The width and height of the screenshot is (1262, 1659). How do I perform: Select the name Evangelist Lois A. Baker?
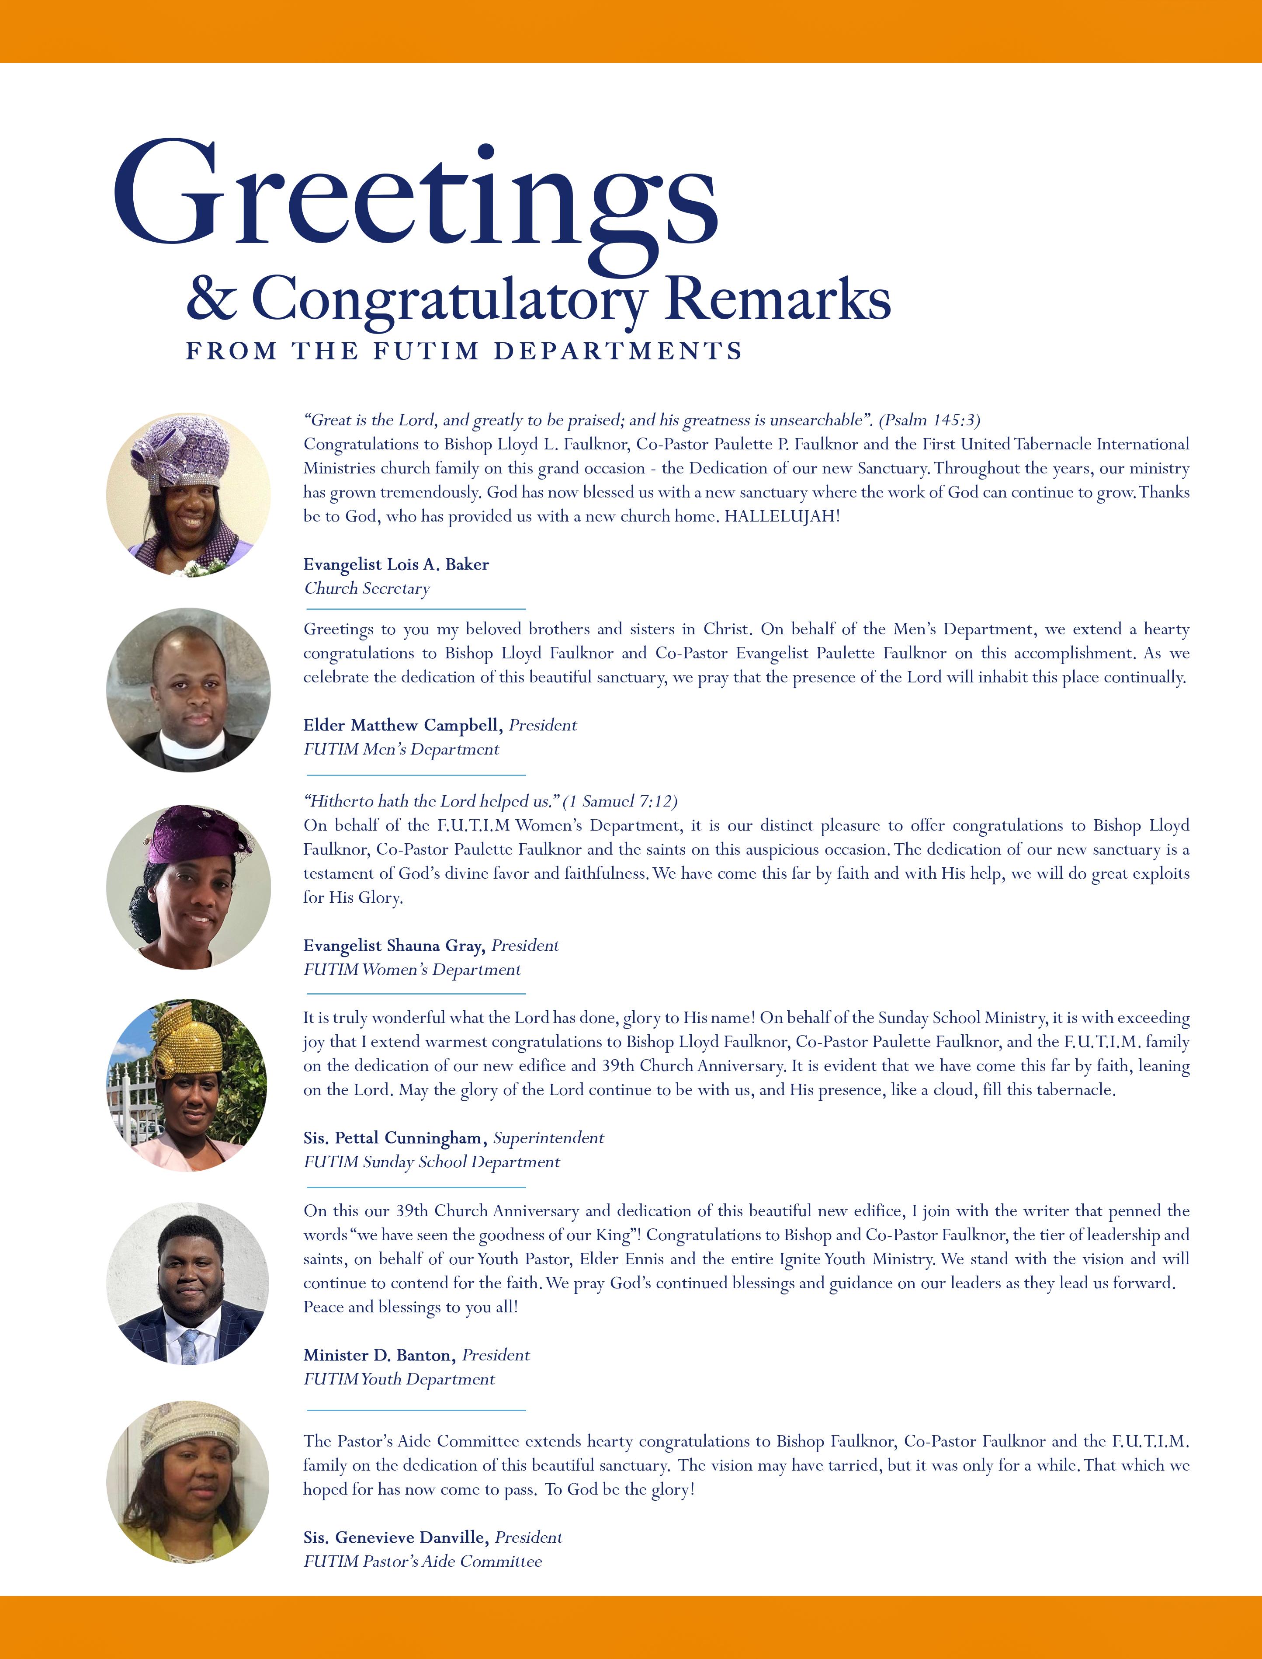coord(396,564)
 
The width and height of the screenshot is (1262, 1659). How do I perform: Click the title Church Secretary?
coord(367,588)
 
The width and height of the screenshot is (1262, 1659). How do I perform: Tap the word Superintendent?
coord(548,1137)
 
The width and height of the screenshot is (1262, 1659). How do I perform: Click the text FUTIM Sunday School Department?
coord(431,1162)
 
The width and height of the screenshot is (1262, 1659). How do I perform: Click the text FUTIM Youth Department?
coord(399,1379)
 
